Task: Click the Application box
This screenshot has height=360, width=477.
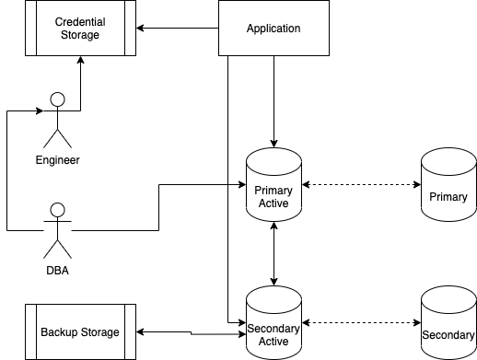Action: [273, 29]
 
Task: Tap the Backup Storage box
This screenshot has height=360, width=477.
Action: [79, 332]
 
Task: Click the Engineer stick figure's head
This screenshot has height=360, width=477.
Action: [58, 99]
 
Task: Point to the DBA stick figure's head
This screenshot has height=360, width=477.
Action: [58, 208]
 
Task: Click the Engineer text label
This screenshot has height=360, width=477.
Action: [58, 160]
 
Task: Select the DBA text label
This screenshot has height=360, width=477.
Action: [58, 270]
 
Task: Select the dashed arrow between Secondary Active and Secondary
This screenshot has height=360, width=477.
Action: [361, 323]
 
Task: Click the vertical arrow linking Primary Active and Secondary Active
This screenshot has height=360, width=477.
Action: [273, 253]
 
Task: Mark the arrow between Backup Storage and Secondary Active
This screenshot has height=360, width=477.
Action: [191, 332]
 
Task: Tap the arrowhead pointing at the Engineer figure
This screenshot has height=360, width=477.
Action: [39, 110]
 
